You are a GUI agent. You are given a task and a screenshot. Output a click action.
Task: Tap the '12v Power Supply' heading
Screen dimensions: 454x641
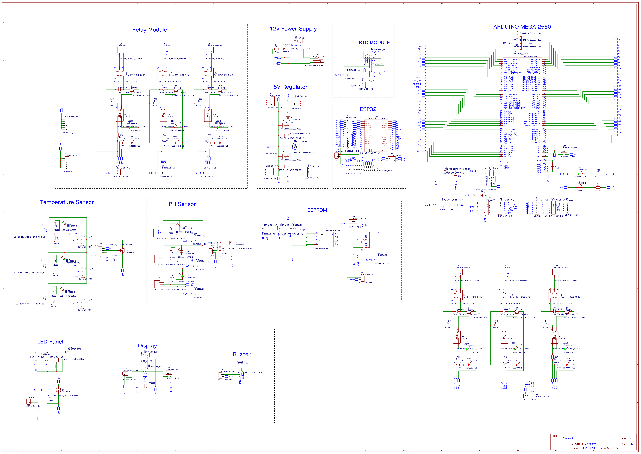(x=293, y=29)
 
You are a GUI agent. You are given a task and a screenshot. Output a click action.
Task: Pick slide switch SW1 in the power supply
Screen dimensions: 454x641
(x=296, y=41)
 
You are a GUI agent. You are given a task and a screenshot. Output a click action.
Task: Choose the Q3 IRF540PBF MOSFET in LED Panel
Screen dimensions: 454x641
(x=58, y=390)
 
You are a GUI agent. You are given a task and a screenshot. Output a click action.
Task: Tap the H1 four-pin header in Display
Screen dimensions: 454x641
(x=144, y=355)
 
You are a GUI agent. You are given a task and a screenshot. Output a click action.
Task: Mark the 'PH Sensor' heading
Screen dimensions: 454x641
(x=182, y=204)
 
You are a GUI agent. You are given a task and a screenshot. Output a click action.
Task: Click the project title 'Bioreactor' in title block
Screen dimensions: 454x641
(x=569, y=438)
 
